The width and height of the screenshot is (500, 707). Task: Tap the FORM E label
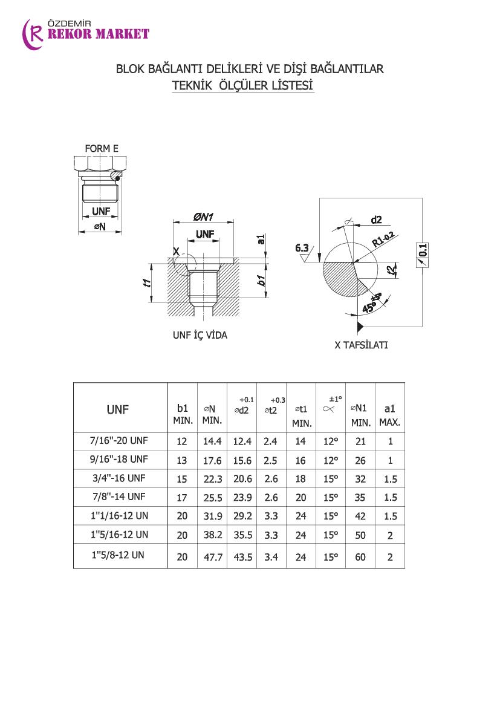pos(101,148)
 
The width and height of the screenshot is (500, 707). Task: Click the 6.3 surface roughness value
pos(302,247)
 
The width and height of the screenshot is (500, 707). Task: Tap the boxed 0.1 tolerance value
pos(423,249)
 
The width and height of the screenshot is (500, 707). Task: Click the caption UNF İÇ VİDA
pos(200,335)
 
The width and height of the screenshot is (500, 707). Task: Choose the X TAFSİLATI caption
pos(361,345)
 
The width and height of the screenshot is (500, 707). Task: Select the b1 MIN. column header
pos(182,414)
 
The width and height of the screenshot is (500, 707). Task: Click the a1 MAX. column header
pos(389,414)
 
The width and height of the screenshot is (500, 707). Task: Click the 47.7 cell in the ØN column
pos(212,557)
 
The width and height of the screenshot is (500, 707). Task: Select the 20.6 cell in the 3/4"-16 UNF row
pos(241,479)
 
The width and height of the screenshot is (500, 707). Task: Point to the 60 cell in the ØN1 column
pos(360,557)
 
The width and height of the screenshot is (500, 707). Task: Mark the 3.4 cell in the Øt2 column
pos(271,557)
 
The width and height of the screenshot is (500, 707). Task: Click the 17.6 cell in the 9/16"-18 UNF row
pos(212,460)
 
